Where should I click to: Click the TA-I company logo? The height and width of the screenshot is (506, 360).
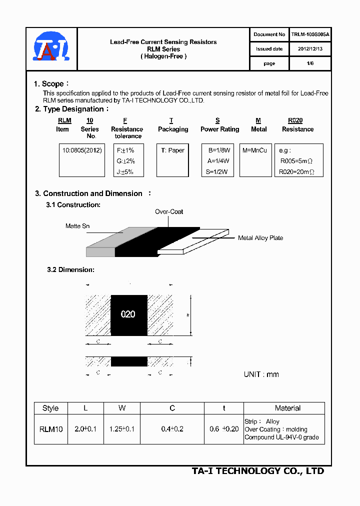[x=51, y=49]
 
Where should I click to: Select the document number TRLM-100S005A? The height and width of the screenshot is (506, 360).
[x=310, y=34]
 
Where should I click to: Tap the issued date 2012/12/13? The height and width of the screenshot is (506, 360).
[x=310, y=49]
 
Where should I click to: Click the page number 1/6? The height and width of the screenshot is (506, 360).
[x=310, y=63]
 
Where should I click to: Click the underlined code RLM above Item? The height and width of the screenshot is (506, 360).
[x=64, y=120]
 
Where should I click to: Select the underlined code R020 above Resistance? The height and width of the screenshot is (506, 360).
[x=295, y=120]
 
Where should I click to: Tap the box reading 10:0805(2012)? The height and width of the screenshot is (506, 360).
[x=82, y=150]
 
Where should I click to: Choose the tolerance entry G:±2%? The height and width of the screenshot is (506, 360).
[x=126, y=161]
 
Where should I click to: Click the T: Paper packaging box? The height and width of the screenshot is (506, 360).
[x=173, y=150]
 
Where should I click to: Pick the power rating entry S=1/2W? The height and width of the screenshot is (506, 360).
[x=217, y=172]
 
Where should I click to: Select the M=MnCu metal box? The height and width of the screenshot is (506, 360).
[x=255, y=150]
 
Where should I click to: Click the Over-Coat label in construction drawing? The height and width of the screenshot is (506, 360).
[x=169, y=211]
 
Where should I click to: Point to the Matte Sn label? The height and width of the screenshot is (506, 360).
[x=77, y=226]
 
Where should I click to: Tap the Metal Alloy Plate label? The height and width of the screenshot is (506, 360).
[x=260, y=238]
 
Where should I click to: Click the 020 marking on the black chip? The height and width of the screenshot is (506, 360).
[x=128, y=314]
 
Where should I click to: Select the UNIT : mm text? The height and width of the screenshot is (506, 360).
[x=261, y=374]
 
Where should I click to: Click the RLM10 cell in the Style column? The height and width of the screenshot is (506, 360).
[x=50, y=429]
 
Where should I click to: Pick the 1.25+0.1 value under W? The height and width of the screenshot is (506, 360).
[x=122, y=429]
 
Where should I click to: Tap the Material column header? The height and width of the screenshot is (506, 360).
[x=287, y=408]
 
